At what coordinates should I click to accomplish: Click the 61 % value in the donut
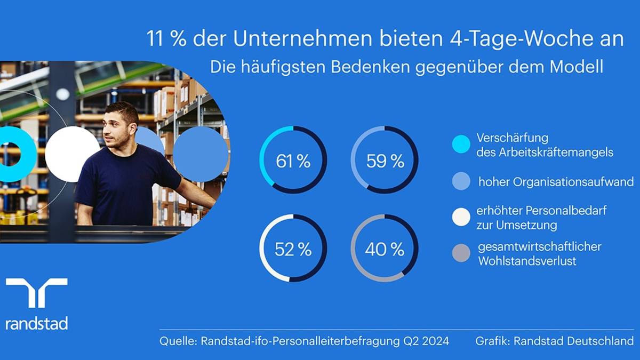tap(293, 161)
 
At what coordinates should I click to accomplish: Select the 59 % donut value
tap(385, 161)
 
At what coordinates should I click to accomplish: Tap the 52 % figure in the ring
tap(293, 249)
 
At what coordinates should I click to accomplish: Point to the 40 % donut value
tap(385, 249)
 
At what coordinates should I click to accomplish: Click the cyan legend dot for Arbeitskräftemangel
tap(461, 145)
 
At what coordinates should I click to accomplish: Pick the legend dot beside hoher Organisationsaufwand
tap(461, 181)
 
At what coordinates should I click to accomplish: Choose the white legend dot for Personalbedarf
tap(461, 217)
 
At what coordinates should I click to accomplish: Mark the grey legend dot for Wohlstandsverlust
tap(461, 253)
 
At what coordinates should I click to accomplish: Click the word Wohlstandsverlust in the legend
tap(527, 262)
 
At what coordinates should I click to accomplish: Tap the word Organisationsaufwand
tap(573, 182)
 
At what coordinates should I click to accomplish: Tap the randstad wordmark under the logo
tap(36, 323)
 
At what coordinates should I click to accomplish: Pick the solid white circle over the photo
tap(73, 154)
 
